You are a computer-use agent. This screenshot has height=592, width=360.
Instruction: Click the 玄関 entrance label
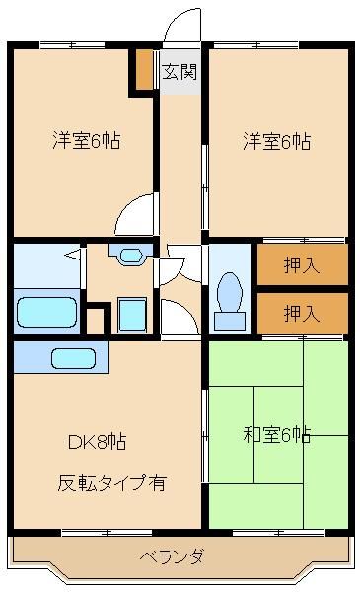[180, 71]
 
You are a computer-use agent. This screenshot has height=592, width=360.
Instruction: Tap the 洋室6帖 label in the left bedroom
[87, 141]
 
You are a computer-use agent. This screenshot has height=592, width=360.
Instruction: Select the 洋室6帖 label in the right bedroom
[277, 141]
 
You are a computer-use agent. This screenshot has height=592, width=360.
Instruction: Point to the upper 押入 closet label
[302, 264]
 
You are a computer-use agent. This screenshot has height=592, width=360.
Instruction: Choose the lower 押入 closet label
[302, 314]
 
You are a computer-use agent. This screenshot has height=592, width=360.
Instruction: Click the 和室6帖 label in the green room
[277, 434]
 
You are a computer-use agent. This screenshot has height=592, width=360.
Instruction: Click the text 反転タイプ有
[110, 483]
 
